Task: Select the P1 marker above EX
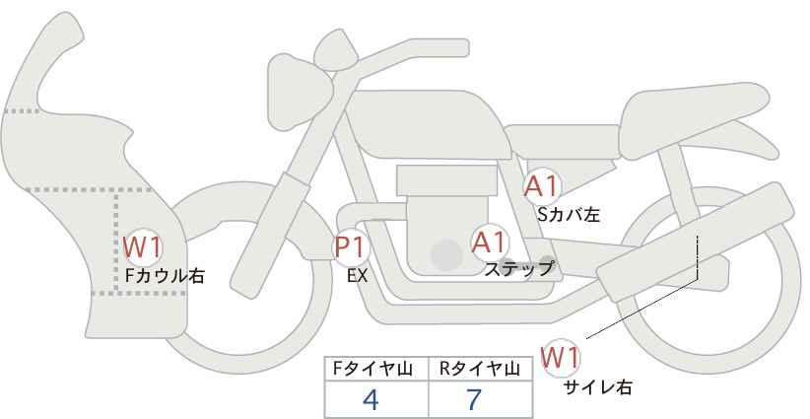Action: pyautogui.click(x=351, y=247)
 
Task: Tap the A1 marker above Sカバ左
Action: pyautogui.click(x=541, y=185)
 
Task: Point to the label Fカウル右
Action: pyautogui.click(x=165, y=276)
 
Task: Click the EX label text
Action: pyautogui.click(x=357, y=276)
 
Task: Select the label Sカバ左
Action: pyautogui.click(x=568, y=213)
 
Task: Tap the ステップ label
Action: pyautogui.click(x=519, y=268)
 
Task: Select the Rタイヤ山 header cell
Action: pyautogui.click(x=479, y=369)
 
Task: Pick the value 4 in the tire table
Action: pyautogui.click(x=371, y=399)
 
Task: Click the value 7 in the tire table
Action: pyautogui.click(x=474, y=399)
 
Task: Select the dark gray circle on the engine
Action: pyautogui.click(x=446, y=255)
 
